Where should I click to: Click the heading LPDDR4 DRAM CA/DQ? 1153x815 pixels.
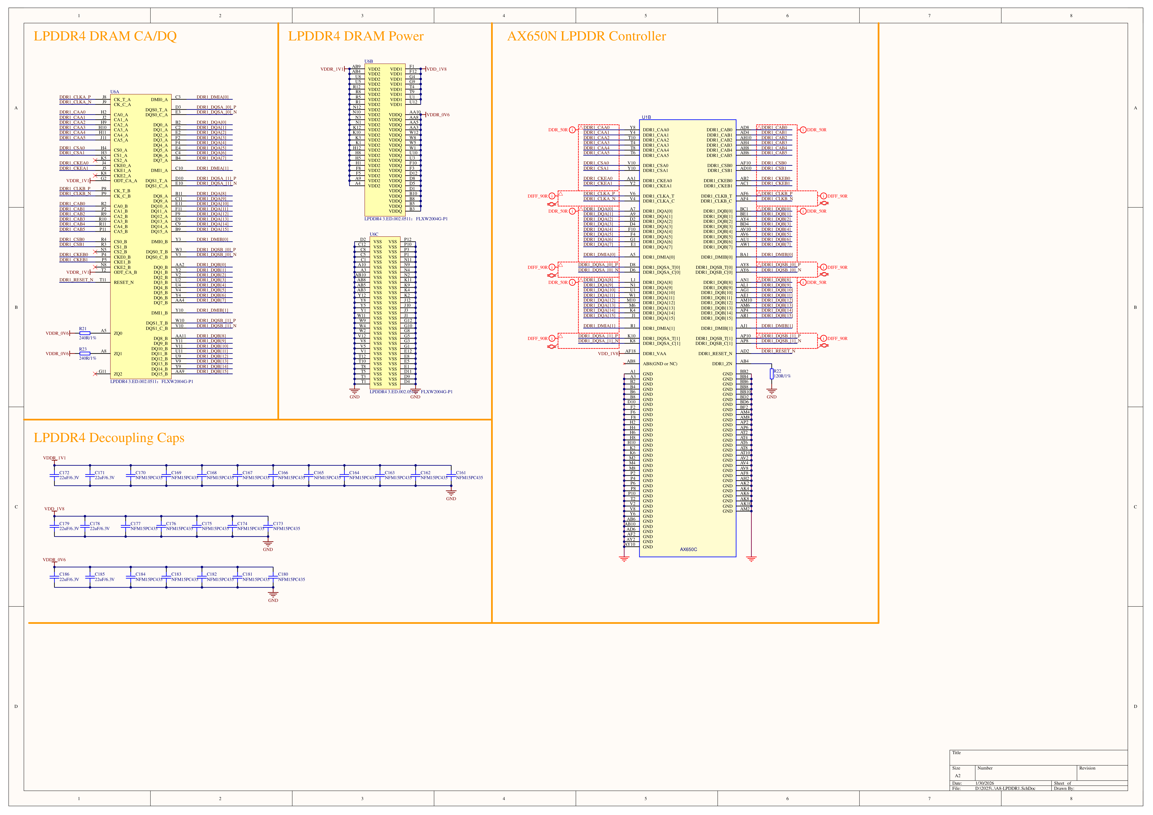[105, 36]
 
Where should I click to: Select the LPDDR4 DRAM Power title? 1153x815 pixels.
[356, 36]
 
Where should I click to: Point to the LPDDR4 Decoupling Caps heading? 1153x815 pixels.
[109, 438]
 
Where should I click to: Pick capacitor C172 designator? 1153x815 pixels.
[64, 473]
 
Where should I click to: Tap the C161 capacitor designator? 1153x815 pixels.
[461, 473]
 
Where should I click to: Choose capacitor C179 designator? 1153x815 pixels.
[64, 523]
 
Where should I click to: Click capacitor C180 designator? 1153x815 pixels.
[283, 574]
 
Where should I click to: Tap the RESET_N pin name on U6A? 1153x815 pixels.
[123, 282]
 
